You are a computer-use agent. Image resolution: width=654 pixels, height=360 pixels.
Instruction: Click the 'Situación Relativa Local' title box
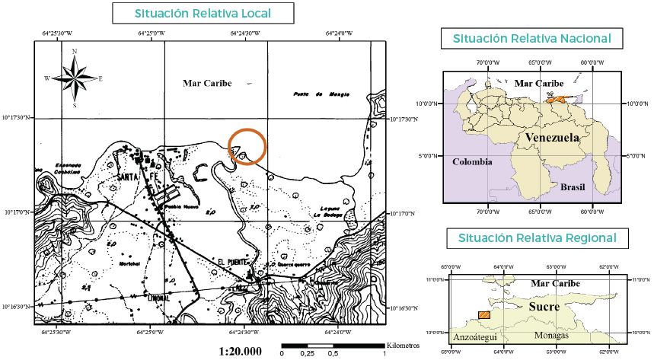tap(203, 13)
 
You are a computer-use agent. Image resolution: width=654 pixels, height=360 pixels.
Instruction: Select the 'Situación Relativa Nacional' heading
tap(531, 38)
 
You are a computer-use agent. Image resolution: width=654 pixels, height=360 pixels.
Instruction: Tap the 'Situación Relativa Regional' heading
tap(537, 238)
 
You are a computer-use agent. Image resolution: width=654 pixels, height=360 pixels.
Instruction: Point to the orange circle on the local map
tap(247, 146)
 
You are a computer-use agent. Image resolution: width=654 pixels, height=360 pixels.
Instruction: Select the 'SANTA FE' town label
tap(137, 177)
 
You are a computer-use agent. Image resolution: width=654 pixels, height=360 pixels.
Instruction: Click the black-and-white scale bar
tap(333, 346)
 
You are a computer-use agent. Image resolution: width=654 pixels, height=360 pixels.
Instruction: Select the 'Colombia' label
tap(472, 162)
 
